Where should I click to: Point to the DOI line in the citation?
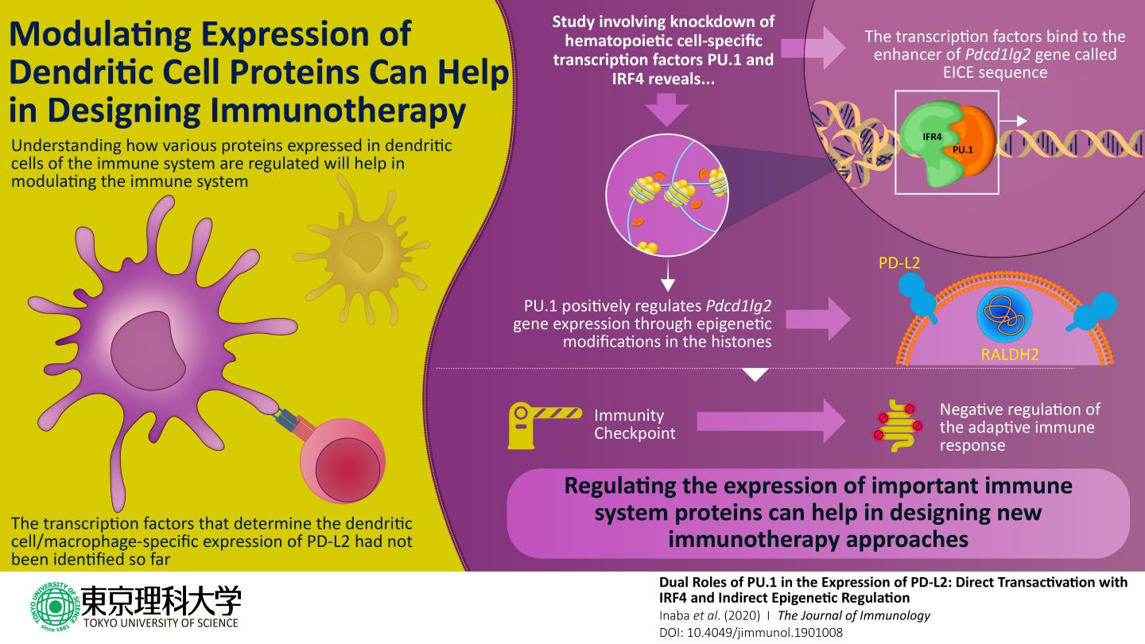point(751,633)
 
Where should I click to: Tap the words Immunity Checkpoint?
point(634,424)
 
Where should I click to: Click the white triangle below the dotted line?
point(755,374)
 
